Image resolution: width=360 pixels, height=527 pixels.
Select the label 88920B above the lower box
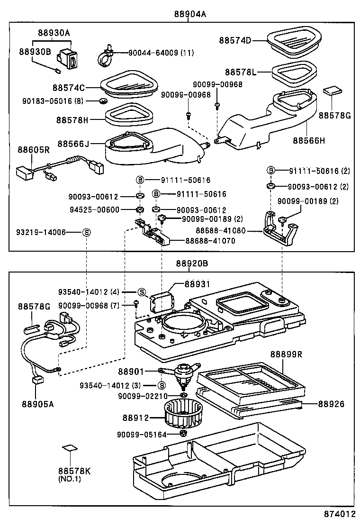(x=192, y=263)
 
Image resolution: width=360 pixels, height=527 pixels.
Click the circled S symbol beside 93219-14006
(x=86, y=232)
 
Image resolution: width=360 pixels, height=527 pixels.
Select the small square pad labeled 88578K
(x=70, y=447)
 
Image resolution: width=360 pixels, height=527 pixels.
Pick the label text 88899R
(x=286, y=354)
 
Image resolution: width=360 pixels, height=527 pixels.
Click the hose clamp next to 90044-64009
(x=105, y=56)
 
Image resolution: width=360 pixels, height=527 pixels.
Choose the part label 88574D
(x=235, y=40)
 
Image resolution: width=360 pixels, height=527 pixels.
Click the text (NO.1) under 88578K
(x=70, y=479)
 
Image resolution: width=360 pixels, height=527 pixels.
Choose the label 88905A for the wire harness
(x=37, y=404)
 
